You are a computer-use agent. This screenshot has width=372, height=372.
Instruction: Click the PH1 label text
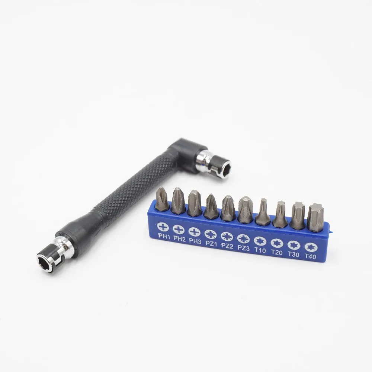164,236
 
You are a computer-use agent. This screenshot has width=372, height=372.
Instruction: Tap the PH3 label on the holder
196,241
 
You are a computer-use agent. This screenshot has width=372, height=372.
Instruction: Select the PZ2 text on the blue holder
227,246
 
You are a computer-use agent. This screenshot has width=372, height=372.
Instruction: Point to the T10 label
260,250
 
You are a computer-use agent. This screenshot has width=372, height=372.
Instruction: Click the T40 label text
310,256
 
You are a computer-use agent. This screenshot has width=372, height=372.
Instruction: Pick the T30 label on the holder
294,254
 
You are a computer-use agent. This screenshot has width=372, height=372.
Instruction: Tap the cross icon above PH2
179,229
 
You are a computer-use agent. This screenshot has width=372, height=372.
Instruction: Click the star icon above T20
277,243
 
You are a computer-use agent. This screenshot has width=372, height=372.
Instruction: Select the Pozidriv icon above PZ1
210,234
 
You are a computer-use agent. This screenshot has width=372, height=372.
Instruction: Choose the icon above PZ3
243,238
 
